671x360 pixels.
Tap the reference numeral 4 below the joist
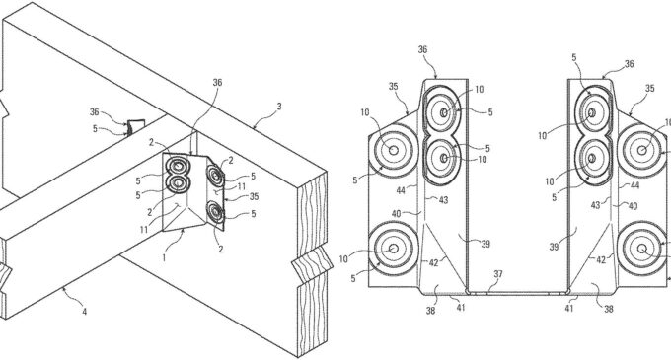point(83,314)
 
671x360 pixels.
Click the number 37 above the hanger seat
point(498,273)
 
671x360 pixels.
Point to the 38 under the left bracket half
point(431,309)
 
